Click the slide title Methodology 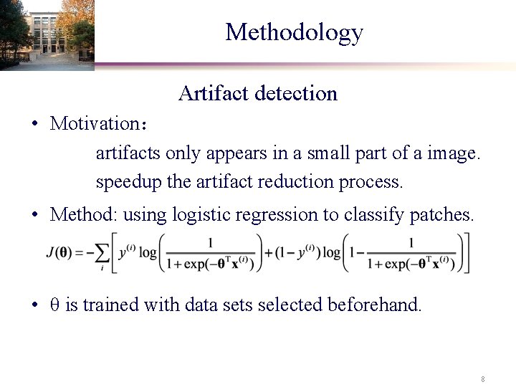click(294, 32)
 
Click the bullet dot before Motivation click(34, 123)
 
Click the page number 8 click(483, 378)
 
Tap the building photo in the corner click(46, 34)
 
